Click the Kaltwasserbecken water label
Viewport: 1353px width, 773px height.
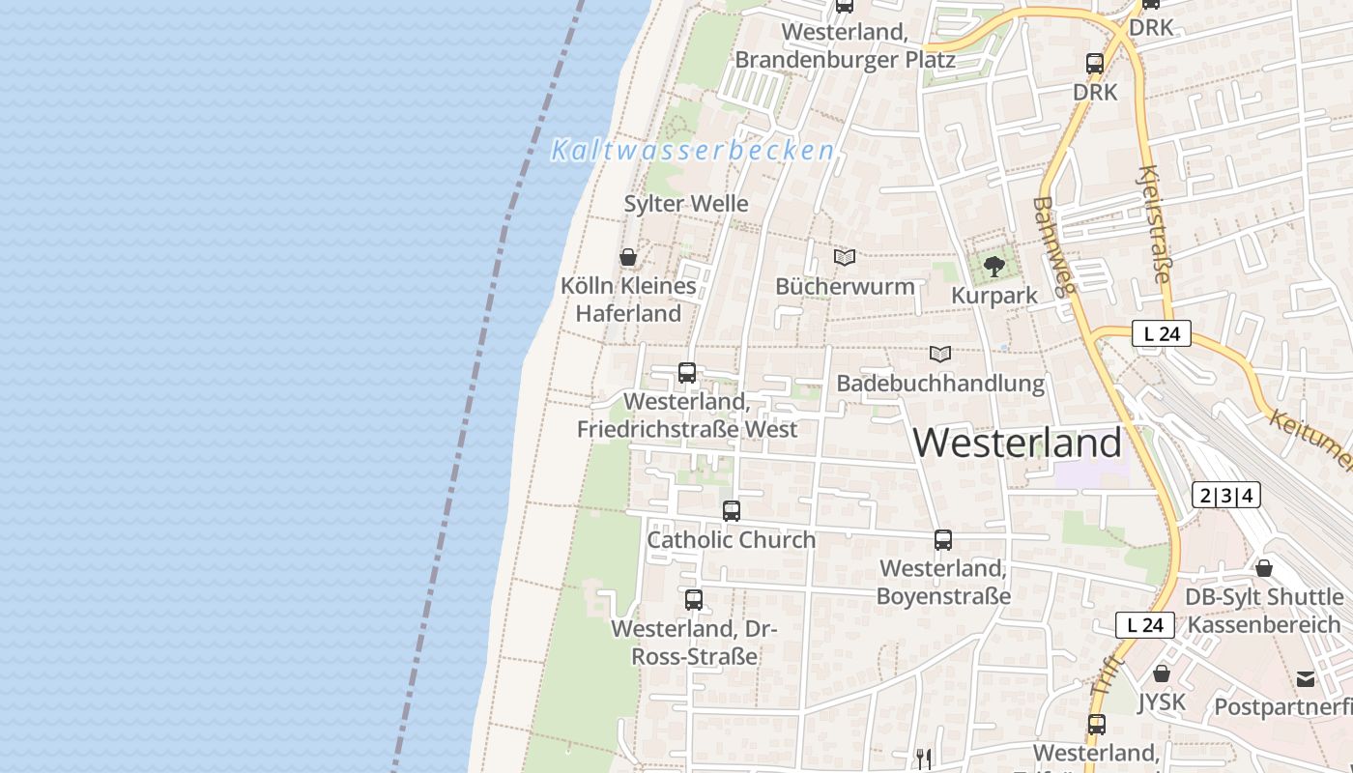point(692,151)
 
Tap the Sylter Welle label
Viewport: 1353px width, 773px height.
point(686,204)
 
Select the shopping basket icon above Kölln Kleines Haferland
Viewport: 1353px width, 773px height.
point(628,257)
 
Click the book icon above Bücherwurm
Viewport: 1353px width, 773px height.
point(845,257)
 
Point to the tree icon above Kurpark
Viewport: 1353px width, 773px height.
point(993,266)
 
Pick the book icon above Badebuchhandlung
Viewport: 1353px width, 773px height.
point(940,355)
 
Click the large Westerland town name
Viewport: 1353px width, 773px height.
point(1017,443)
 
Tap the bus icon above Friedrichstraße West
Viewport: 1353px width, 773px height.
point(687,372)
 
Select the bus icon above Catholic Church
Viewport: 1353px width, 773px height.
point(732,511)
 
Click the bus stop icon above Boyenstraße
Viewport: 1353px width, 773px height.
point(943,540)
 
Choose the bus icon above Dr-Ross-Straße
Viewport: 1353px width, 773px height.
point(694,599)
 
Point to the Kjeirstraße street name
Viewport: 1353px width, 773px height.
point(1155,224)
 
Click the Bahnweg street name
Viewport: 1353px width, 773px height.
point(1053,246)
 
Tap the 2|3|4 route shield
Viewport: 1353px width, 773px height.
point(1226,496)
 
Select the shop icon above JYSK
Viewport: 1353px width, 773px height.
point(1162,673)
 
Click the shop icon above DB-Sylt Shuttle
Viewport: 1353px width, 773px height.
point(1264,568)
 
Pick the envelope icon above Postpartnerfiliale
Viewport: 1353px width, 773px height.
point(1306,678)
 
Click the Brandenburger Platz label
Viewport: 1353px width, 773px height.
point(845,60)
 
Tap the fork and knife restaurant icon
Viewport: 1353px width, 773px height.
point(924,759)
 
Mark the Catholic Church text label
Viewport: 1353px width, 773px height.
point(732,540)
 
